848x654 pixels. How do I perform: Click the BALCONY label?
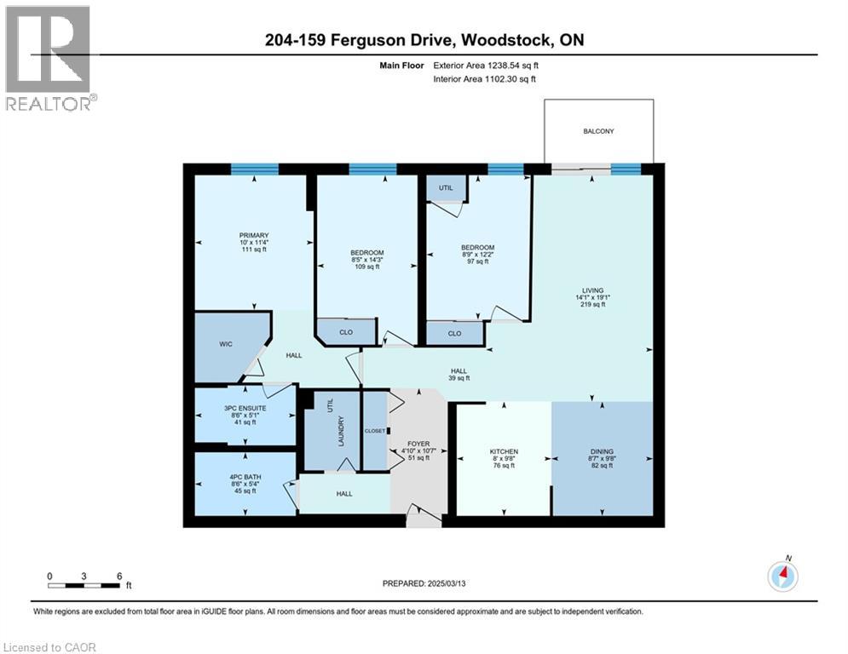[x=598, y=131]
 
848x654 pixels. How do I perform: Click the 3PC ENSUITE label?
[x=245, y=408]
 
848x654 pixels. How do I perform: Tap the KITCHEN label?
[x=504, y=451]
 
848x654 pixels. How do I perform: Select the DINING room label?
[x=603, y=451]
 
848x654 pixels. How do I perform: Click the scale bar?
[x=84, y=584]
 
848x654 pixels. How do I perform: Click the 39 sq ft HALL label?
[x=459, y=371]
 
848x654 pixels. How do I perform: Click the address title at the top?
[x=424, y=40]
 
